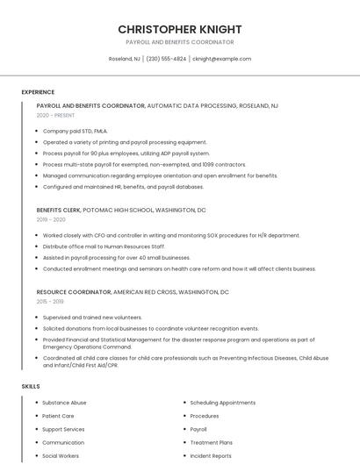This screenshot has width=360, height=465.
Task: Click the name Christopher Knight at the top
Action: pos(180,29)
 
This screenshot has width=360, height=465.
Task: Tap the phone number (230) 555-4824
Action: pos(167,59)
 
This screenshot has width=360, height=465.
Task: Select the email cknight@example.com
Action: pos(221,59)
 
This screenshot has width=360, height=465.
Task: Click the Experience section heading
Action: pos(38,92)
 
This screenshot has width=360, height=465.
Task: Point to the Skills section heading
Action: pos(31,386)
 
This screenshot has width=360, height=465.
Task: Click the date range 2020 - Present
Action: pos(56,115)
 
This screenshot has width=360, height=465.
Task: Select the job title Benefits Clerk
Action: pos(59,211)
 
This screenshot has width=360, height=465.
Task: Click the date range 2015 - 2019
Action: pos(51,301)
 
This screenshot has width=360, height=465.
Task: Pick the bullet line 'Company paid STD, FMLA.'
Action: pos(76,131)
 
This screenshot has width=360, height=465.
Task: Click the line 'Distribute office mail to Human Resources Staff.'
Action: pos(104,247)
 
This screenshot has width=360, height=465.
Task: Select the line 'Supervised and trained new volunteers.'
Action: pos(92,317)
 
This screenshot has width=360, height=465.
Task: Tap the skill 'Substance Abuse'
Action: pos(64,403)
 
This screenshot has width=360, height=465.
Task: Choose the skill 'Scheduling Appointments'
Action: pos(223,403)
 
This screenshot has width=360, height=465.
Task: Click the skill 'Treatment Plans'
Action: pos(212,443)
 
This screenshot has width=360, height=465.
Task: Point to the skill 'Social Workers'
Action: pos(61,456)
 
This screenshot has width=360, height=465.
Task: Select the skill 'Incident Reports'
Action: pos(211,456)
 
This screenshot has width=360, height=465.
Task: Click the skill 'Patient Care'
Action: pos(58,416)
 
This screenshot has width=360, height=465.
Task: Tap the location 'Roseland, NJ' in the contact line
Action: pos(124,59)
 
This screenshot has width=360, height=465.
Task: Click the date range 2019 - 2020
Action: pos(51,219)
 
